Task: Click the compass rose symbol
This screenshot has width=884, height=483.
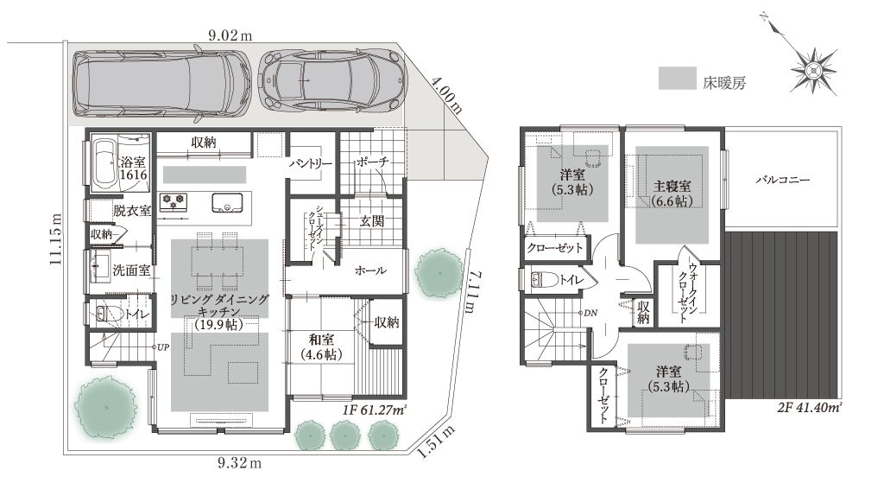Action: coord(813,70)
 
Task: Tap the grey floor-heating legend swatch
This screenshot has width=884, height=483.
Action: coord(677,78)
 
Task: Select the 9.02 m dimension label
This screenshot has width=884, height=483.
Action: coord(230,35)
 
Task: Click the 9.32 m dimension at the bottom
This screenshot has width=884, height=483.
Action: coord(239,463)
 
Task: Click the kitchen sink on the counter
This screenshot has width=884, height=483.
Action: coord(227,203)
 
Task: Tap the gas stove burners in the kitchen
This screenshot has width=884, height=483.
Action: coord(174,200)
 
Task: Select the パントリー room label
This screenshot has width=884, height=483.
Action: coord(311,163)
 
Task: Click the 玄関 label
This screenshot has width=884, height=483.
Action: coord(371,221)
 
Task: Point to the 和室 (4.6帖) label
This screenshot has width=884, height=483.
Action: coord(321,347)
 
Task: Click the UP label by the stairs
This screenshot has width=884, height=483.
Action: coord(162,347)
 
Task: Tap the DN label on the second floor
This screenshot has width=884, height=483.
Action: coord(590,313)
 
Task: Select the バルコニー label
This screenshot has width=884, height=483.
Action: coord(782,181)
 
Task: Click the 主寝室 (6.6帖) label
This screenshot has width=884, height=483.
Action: coord(672,194)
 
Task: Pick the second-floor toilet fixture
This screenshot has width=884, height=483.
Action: coord(545,279)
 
